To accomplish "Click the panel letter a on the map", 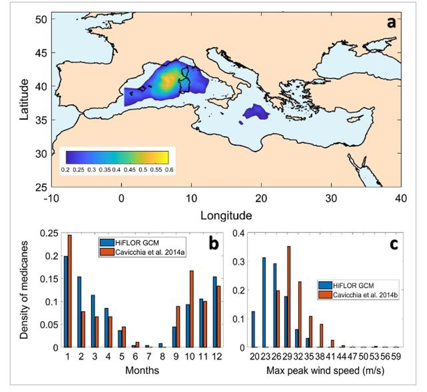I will pos(391,23).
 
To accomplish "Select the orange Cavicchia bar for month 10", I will pos(191,309).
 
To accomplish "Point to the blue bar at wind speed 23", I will pos(264,302).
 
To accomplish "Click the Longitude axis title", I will pos(226,215).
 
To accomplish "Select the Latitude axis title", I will pos(23,99).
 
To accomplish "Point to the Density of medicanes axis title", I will pos(23,290).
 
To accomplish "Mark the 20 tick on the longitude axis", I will pos(261,198).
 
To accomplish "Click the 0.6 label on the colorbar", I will pos(169,170).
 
